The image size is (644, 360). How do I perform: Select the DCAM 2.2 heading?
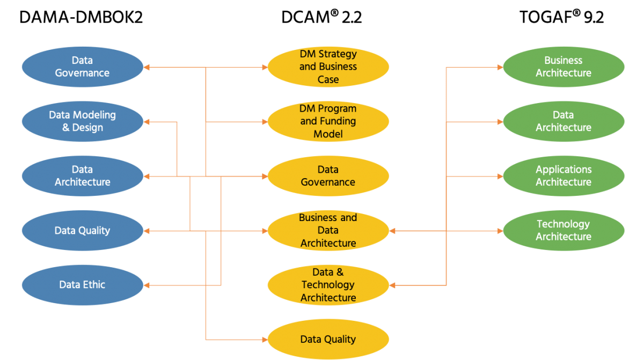[321, 17]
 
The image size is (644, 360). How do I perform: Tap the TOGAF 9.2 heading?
[562, 17]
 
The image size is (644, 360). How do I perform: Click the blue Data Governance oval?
[82, 67]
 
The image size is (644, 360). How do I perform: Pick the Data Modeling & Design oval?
[82, 121]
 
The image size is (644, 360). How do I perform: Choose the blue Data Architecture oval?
[82, 176]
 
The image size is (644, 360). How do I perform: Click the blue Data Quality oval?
[82, 231]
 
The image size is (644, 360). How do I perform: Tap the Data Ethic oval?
[82, 285]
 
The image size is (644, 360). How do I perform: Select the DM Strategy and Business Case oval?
[328, 67]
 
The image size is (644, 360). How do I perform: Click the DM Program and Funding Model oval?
[328, 121]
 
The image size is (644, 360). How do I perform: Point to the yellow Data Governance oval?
[328, 176]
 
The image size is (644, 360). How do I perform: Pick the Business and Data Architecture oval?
[328, 231]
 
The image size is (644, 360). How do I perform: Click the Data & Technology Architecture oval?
[328, 285]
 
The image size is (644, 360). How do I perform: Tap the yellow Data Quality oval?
[328, 339]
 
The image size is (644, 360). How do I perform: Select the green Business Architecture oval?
[563, 67]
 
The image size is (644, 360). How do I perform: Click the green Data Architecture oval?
[563, 121]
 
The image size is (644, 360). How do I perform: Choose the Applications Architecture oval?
[563, 176]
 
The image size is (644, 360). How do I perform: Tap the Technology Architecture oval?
[563, 231]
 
